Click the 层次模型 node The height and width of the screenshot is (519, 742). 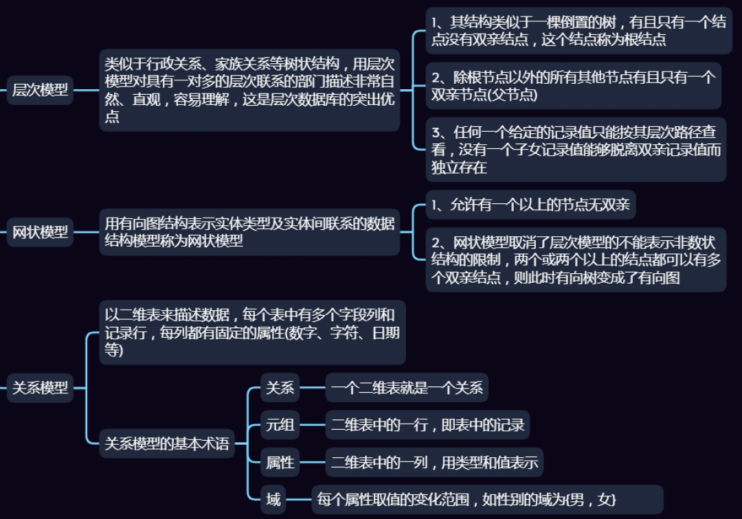pyautogui.click(x=41, y=90)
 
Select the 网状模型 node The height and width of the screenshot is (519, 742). pyautogui.click(x=41, y=232)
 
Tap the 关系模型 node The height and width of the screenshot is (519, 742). pyautogui.click(x=41, y=388)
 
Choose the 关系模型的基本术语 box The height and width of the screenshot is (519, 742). pyautogui.click(x=166, y=444)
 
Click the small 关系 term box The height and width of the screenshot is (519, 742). pyautogui.click(x=280, y=389)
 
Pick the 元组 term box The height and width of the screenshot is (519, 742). pyautogui.click(x=280, y=426)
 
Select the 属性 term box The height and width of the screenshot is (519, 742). pyautogui.click(x=280, y=463)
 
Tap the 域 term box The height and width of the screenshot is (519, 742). pyautogui.click(x=273, y=500)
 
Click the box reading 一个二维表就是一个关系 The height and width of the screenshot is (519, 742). pyautogui.click(x=407, y=389)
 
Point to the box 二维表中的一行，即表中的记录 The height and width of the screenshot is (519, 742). pyautogui.click(x=427, y=426)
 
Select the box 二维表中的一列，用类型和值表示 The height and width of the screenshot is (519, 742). pyautogui.click(x=434, y=463)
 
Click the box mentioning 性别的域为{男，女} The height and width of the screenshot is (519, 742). pyautogui.click(x=487, y=500)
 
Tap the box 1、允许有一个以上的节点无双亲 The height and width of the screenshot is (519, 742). pyautogui.click(x=531, y=204)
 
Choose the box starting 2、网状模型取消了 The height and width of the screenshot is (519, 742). pyautogui.click(x=576, y=260)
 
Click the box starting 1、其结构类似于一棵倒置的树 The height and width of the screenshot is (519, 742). pyautogui.click(x=578, y=31)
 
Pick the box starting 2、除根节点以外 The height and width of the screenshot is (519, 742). pyautogui.click(x=573, y=86)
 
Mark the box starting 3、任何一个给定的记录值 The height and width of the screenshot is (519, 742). pyautogui.click(x=576, y=150)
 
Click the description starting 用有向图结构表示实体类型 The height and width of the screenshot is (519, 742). pyautogui.click(x=249, y=232)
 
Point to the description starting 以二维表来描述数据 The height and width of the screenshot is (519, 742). pyautogui.click(x=252, y=333)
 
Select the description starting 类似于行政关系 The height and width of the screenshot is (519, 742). pyautogui.click(x=249, y=90)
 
